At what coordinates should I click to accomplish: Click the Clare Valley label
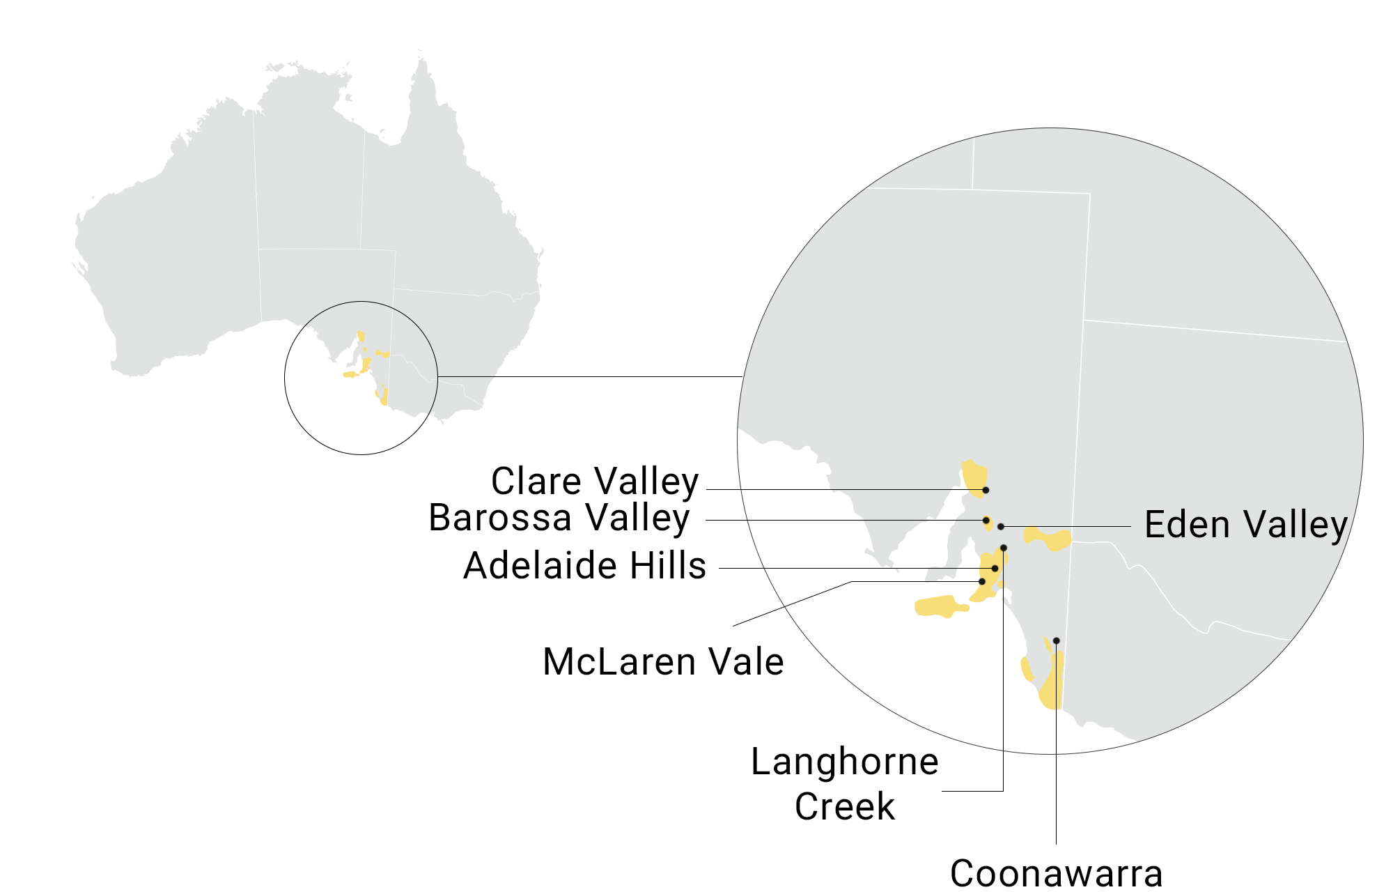tap(594, 482)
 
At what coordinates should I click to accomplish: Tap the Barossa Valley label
tap(559, 518)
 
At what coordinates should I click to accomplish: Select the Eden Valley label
tap(1245, 525)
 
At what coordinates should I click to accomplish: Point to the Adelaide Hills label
tap(584, 565)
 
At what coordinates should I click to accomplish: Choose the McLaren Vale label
tap(663, 662)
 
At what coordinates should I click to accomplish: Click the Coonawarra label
tap(1056, 874)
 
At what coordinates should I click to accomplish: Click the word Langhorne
tap(844, 762)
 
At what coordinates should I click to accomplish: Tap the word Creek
tap(844, 807)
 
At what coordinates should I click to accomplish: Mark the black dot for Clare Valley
tap(986, 490)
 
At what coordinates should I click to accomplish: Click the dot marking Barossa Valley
tap(986, 521)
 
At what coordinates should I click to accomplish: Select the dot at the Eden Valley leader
tap(1001, 527)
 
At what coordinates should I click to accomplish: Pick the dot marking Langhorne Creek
tap(1004, 548)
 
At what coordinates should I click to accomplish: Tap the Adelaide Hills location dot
tap(995, 569)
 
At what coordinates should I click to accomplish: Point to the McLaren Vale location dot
tap(982, 581)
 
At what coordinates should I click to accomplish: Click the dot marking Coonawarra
tap(1056, 640)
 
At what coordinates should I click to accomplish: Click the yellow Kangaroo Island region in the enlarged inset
tap(937, 606)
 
